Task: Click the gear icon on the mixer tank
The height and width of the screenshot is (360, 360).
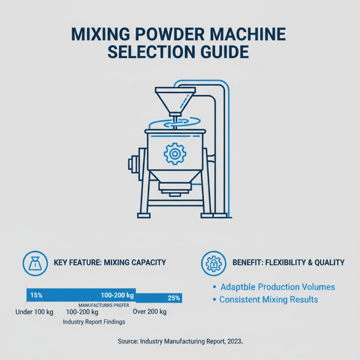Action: point(175,153)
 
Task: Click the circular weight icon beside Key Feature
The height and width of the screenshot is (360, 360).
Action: point(34,262)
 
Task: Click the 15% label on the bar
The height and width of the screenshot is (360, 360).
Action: point(36,296)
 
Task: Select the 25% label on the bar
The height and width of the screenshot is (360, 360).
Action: point(174,298)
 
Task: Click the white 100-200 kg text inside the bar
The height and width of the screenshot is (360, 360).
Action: point(117,296)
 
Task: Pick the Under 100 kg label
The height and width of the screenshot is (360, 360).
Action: point(34,312)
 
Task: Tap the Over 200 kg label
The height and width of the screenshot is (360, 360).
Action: point(149,312)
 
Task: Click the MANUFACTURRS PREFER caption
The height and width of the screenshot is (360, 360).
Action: point(104,305)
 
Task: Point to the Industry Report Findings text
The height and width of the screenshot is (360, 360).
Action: point(94,322)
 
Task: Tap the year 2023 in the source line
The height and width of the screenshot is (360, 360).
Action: point(233,342)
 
